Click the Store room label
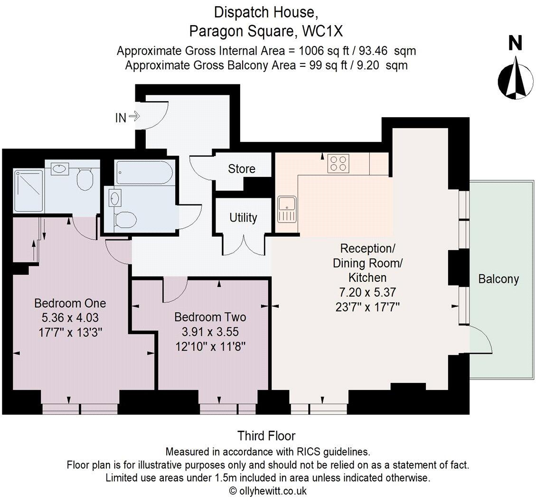[x=242, y=169]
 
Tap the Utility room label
[x=243, y=218]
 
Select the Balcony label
[x=498, y=279]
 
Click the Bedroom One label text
[x=70, y=303]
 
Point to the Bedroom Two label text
[x=210, y=317]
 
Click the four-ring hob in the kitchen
[x=338, y=164]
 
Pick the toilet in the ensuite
[x=86, y=179]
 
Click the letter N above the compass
[x=515, y=44]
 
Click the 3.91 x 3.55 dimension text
[x=210, y=331]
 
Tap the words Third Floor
[x=266, y=436]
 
